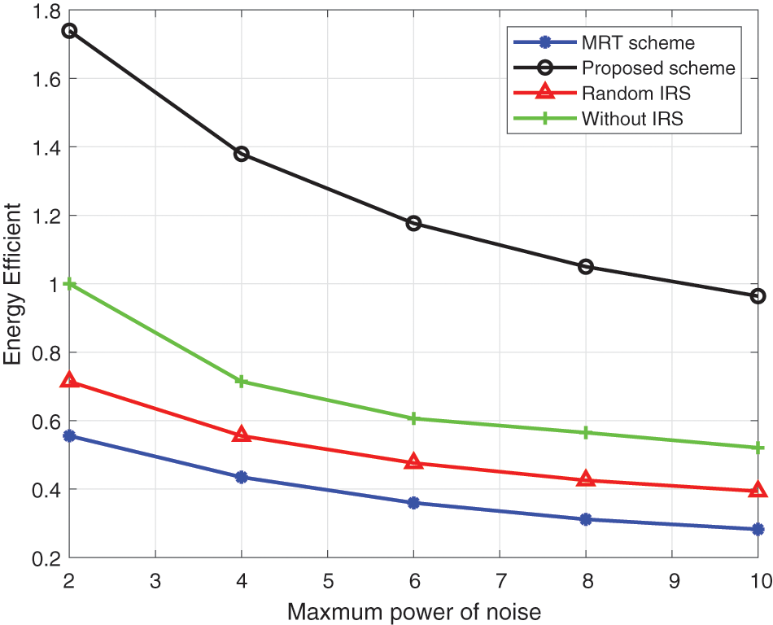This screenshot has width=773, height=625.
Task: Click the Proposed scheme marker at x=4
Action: pos(242,154)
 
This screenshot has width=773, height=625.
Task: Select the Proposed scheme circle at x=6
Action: pos(413,223)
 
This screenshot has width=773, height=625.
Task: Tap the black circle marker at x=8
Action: pos(586,266)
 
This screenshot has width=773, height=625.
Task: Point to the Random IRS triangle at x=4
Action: pos(242,435)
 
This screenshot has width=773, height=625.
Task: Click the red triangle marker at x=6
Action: pos(413,462)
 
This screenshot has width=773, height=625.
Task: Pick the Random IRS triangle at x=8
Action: pos(586,479)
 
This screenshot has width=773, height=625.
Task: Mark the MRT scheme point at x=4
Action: pos(242,477)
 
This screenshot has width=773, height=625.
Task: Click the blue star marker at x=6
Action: pos(413,503)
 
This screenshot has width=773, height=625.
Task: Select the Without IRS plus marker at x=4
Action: pos(242,382)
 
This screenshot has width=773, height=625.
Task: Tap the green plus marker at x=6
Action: pos(413,418)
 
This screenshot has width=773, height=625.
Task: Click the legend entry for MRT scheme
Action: pos(638,42)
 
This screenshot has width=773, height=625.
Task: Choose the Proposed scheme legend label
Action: pos(658,68)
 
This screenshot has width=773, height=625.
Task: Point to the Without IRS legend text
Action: pos(632,118)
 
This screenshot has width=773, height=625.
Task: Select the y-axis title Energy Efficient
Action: pos(14,284)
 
